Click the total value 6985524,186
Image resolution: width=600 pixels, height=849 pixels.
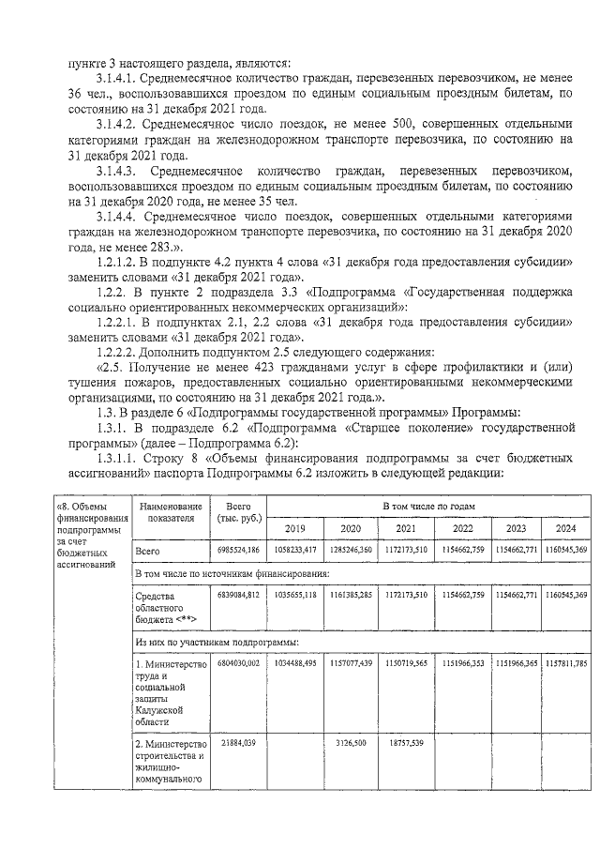click(x=238, y=550)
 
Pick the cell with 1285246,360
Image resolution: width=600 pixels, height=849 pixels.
click(x=350, y=550)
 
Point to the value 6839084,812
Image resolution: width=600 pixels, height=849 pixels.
click(x=238, y=595)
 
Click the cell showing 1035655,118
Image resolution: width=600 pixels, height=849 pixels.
click(x=295, y=595)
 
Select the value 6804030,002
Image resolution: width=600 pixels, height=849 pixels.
click(x=238, y=663)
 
